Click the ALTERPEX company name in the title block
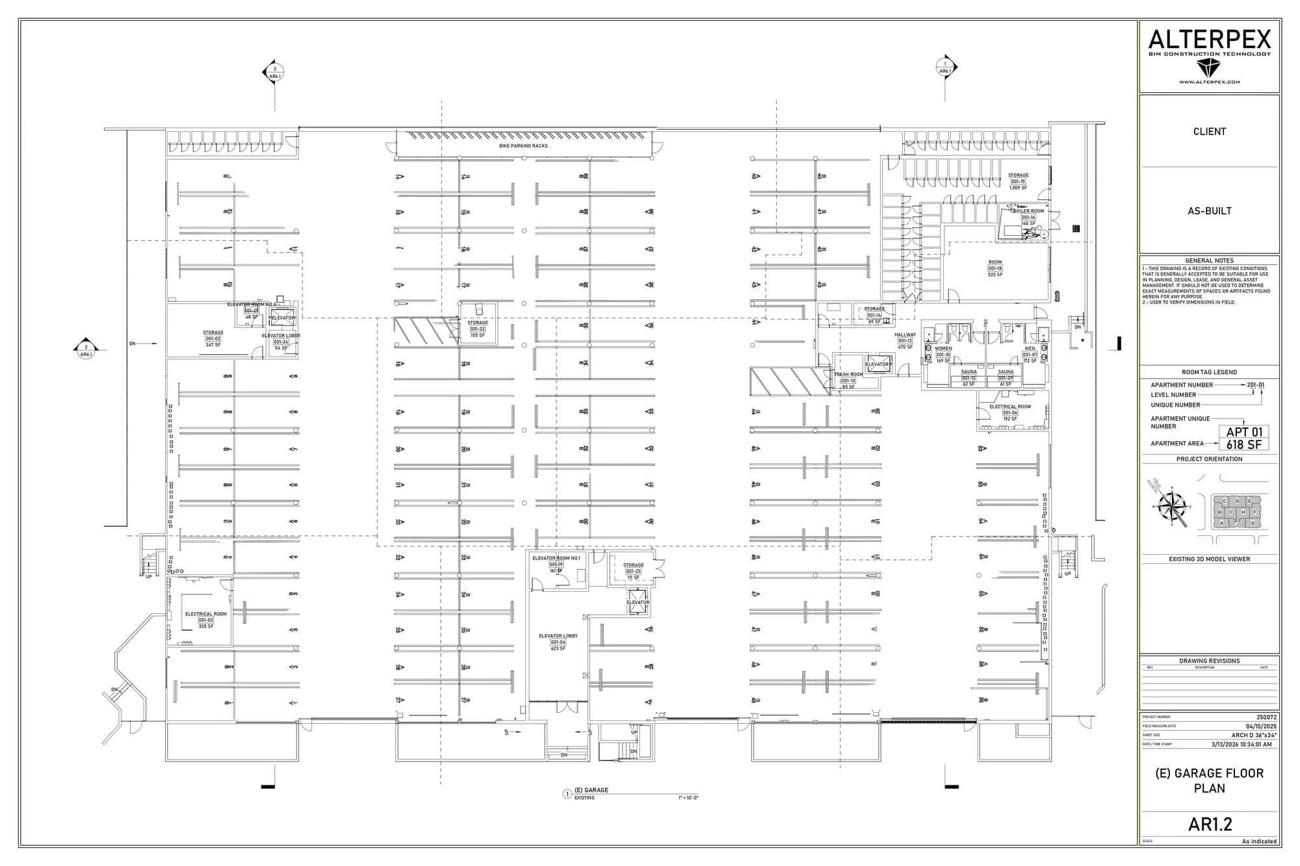[x=1209, y=40]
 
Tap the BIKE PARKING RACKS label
[x=523, y=146]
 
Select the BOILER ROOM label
[x=1028, y=211]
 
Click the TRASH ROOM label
[x=848, y=374]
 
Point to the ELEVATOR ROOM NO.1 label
[x=556, y=558]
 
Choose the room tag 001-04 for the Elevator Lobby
[x=558, y=642]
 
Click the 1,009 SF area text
[x=1018, y=188]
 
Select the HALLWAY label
[x=905, y=335]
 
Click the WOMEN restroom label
[x=943, y=349]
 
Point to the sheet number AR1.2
[x=1210, y=824]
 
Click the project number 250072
[x=1266, y=717]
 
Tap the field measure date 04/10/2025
[x=1261, y=726]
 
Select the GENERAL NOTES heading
[x=1209, y=261]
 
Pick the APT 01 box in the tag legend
[x=1244, y=432]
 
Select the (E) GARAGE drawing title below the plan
[x=591, y=790]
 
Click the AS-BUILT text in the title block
[x=1209, y=210]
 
